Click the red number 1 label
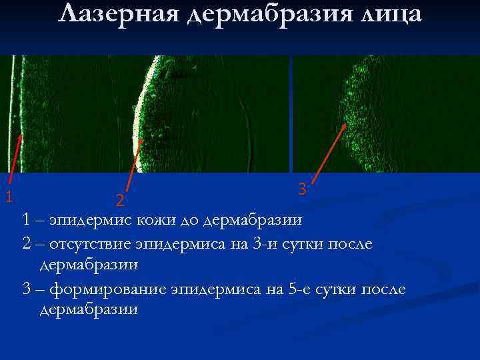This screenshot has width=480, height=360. (8, 196)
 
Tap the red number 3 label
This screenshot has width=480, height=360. (302, 189)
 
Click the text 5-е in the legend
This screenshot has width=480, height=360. (296, 290)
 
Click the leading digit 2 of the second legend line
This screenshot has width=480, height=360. (27, 244)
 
